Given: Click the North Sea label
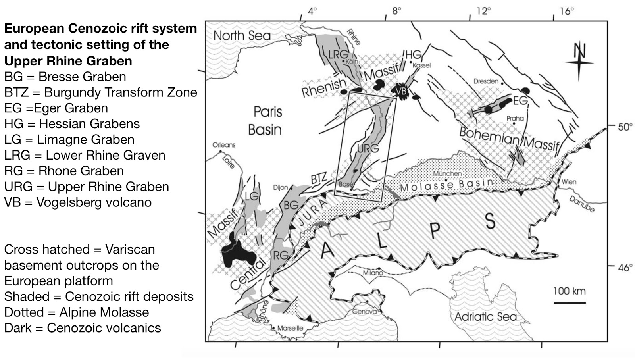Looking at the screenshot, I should (242, 36).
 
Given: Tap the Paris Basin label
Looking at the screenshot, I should (266, 121).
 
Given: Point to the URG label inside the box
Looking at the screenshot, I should (368, 148).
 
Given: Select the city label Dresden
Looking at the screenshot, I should (486, 81).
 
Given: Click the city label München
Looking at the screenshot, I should (447, 173).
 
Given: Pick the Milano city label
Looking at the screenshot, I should (373, 273).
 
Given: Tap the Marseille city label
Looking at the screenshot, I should (290, 328).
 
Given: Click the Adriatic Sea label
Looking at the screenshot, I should (485, 317).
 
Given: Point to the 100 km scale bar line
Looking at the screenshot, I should (570, 303).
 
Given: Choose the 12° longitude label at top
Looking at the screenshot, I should (483, 11).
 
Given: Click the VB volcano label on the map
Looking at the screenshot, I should (401, 91).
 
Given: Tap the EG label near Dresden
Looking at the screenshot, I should (520, 101).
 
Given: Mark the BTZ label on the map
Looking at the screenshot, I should (319, 178).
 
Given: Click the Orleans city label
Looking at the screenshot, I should (224, 145).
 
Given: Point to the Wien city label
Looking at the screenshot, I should (568, 182).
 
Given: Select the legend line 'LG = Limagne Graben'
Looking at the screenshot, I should (69, 140).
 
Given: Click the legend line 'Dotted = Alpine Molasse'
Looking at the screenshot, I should (77, 312).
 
